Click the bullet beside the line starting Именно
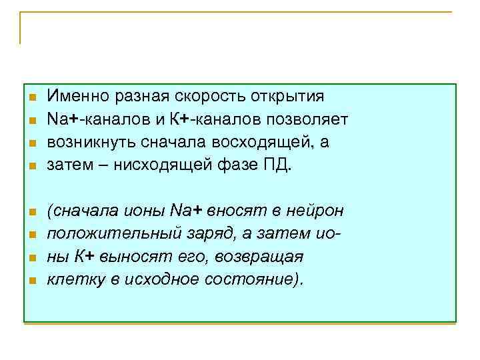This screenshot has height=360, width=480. pyautogui.click(x=31, y=97)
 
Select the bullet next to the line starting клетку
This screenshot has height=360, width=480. pyautogui.click(x=31, y=280)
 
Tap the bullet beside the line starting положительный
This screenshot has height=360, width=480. pyautogui.click(x=31, y=235)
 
